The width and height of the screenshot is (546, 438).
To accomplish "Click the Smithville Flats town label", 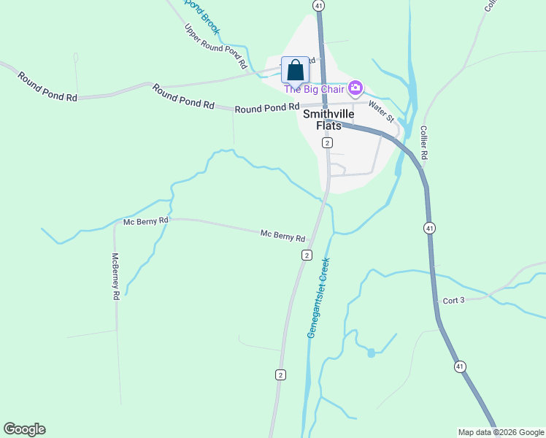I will tap(328, 120).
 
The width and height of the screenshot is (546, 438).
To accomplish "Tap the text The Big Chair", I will tap(315, 89).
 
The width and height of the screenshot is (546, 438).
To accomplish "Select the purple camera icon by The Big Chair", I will tap(355, 88).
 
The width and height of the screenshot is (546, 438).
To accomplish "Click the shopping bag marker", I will tap(295, 71).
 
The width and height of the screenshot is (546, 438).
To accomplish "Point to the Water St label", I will tap(381, 110).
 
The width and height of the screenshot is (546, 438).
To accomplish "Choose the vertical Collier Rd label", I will tap(423, 142).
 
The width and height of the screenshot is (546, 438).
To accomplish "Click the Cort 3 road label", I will tap(453, 300).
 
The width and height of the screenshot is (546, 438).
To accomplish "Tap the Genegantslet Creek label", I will tap(319, 296).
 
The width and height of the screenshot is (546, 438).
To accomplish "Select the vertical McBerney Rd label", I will tap(115, 277).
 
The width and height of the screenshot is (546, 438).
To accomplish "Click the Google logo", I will tap(24, 429).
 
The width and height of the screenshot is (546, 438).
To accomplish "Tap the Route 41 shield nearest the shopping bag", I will tap(318, 5).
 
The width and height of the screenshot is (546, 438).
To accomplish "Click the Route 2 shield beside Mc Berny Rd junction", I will tap(307, 255).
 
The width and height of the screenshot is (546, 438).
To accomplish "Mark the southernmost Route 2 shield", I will tap(280, 374).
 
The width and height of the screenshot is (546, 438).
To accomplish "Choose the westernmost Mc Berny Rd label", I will tap(146, 220).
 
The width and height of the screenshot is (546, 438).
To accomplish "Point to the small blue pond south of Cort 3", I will tap(372, 353).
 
